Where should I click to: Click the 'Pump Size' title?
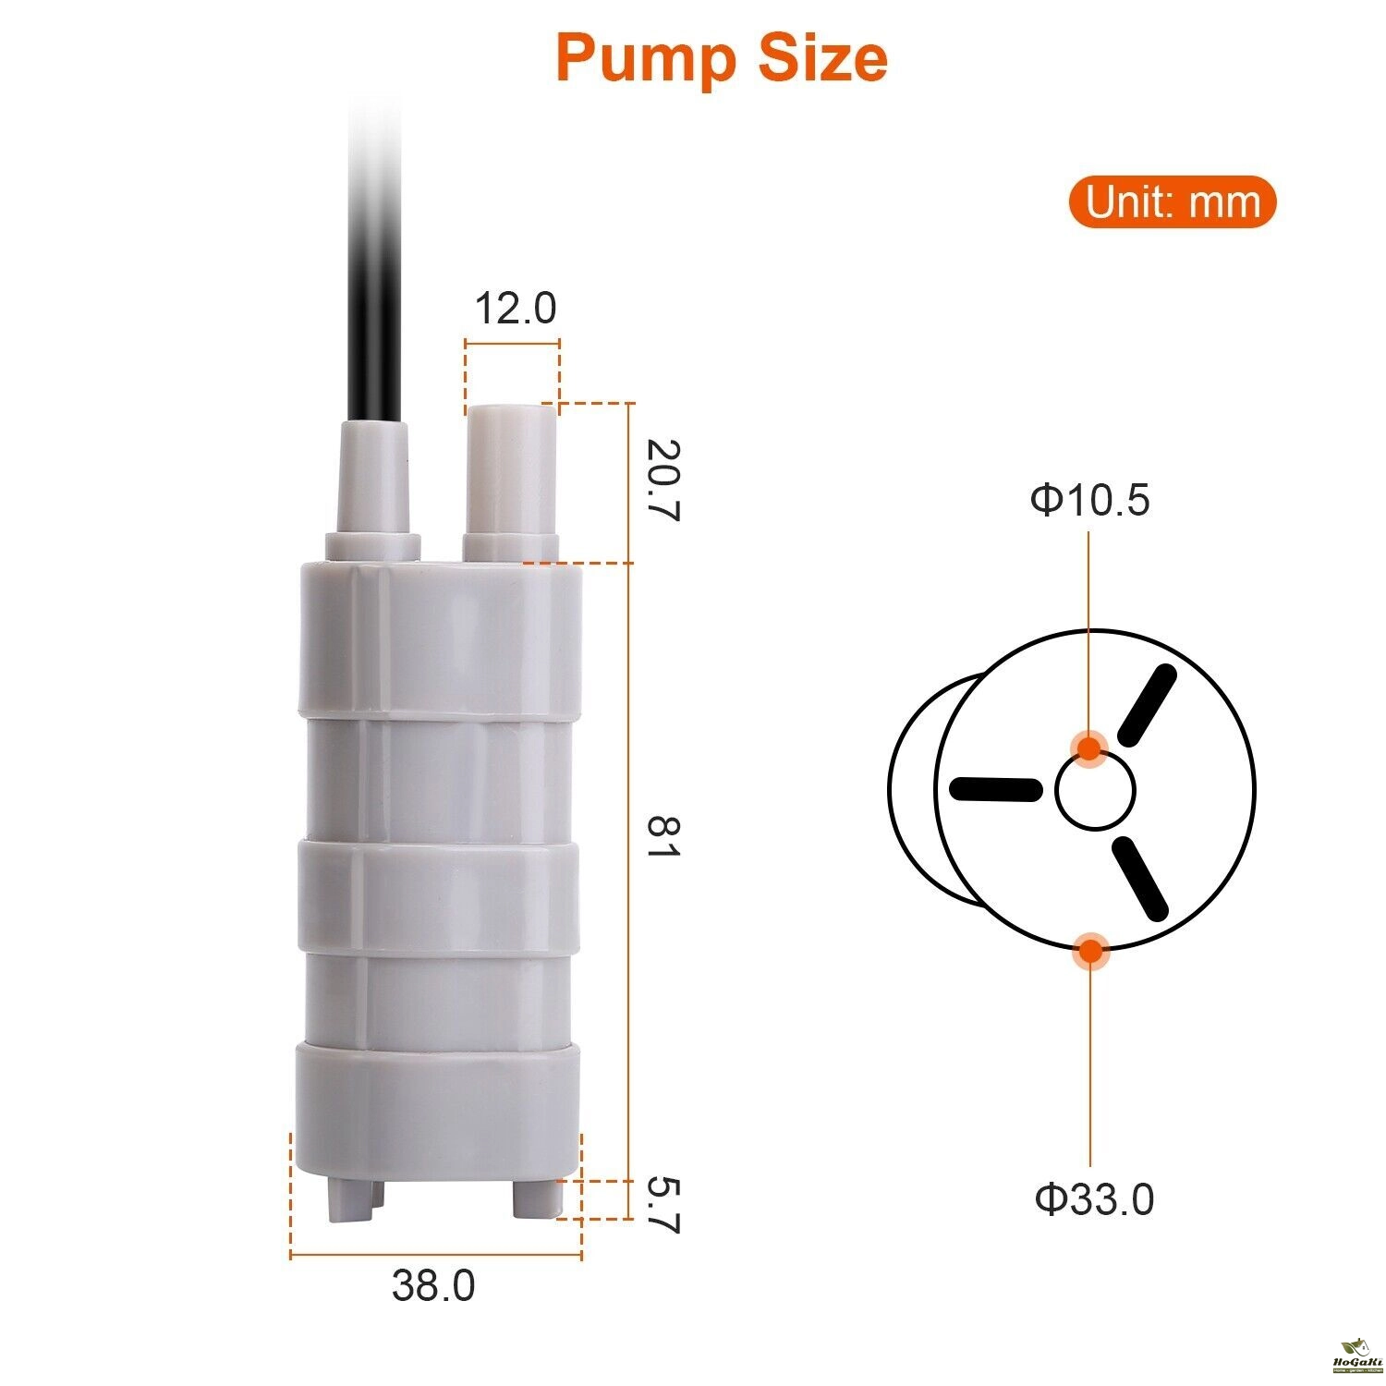tap(722, 58)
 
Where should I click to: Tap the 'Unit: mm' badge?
tap(1173, 202)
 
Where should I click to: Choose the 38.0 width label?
tap(433, 1285)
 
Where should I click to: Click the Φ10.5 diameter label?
tap(1090, 500)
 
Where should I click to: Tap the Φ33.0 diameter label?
tap(1094, 1199)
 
